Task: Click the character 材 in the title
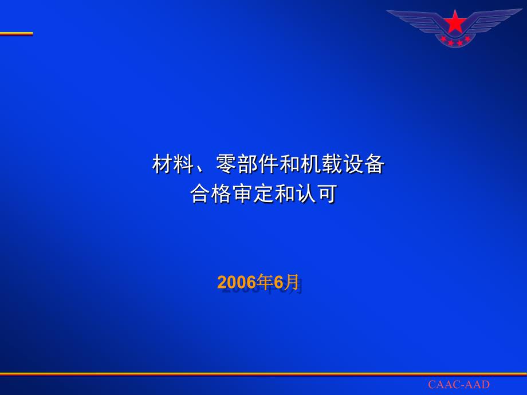pyautogui.click(x=163, y=164)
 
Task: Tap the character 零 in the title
pyautogui.click(x=226, y=164)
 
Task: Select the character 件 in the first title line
pyautogui.click(x=269, y=164)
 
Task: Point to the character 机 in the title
pyautogui.click(x=311, y=164)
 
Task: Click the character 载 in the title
pyautogui.click(x=332, y=164)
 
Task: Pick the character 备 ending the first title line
pyautogui.click(x=375, y=164)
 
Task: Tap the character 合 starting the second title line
pyautogui.click(x=200, y=193)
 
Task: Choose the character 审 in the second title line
pyautogui.click(x=243, y=193)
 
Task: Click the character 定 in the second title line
pyautogui.click(x=264, y=193)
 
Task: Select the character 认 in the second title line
pyautogui.click(x=306, y=193)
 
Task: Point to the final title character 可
pyautogui.click(x=327, y=193)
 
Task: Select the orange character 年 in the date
pyautogui.click(x=265, y=282)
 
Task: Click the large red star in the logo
pyautogui.click(x=455, y=22)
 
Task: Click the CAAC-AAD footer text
pyautogui.click(x=459, y=384)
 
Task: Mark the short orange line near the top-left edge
pyautogui.click(x=17, y=34)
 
